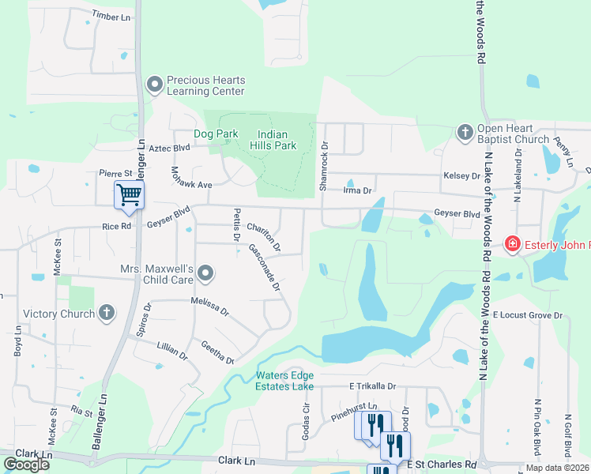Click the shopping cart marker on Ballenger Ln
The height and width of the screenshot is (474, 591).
pyautogui.click(x=129, y=194)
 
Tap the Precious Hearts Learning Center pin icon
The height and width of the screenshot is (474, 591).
pyautogui.click(x=154, y=84)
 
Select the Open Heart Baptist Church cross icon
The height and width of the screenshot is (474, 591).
pyautogui.click(x=465, y=132)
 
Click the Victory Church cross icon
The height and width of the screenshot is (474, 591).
pyautogui.click(x=107, y=313)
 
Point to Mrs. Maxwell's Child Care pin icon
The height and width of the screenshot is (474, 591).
pyautogui.click(x=205, y=274)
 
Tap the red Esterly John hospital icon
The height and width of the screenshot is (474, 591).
pyautogui.click(x=513, y=244)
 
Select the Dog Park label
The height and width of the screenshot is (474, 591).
pyautogui.click(x=216, y=134)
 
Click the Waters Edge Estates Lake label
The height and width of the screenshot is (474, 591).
pyautogui.click(x=284, y=381)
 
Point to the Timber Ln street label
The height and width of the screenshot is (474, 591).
pyautogui.click(x=111, y=15)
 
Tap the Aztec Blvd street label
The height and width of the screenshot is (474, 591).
pyautogui.click(x=171, y=148)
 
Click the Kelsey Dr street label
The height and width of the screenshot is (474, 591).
pyautogui.click(x=462, y=175)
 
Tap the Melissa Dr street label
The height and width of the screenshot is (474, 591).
pyautogui.click(x=209, y=306)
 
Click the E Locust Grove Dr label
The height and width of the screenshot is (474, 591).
pyautogui.click(x=527, y=315)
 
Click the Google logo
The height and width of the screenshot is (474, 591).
pyautogui.click(x=26, y=465)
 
